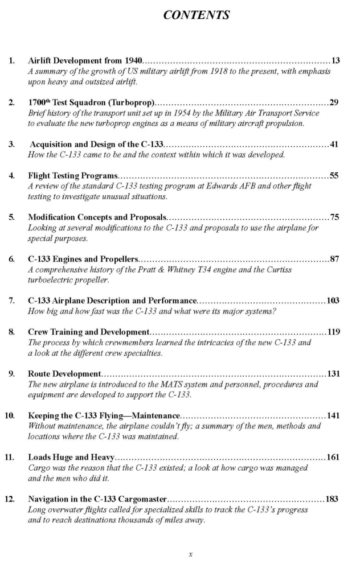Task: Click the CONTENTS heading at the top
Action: (x=197, y=15)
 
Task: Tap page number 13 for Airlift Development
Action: (x=336, y=60)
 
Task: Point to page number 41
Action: (x=334, y=145)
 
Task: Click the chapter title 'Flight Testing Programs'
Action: (x=73, y=175)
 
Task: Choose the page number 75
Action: (x=334, y=217)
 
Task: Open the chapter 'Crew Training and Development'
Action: (x=88, y=332)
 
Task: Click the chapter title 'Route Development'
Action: (x=64, y=374)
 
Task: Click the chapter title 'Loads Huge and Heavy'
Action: (x=71, y=458)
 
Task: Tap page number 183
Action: (x=332, y=500)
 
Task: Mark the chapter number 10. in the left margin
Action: (x=10, y=415)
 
